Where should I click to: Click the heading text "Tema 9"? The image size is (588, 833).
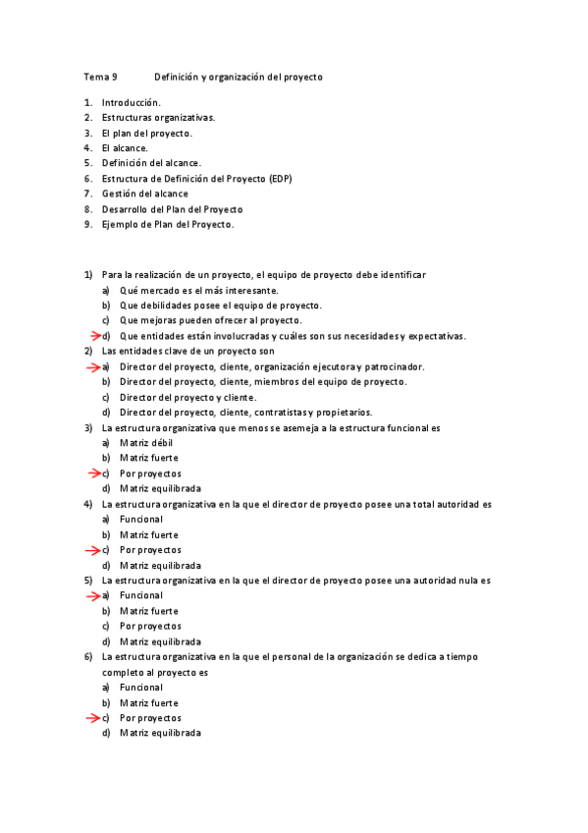[x=100, y=76]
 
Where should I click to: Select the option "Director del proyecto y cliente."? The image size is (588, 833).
[x=187, y=397]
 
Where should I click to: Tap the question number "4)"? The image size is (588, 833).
[x=87, y=504]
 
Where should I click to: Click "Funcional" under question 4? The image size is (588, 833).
[x=141, y=519]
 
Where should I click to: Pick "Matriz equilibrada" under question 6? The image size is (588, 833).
[x=160, y=733]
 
